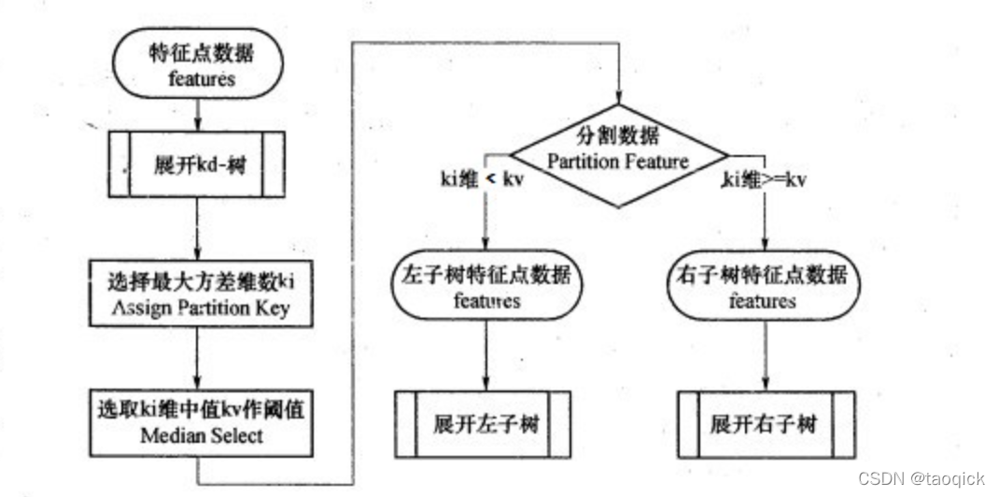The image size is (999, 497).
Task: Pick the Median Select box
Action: pyautogui.click(x=197, y=422)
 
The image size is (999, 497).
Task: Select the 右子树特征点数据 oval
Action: pyautogui.click(x=764, y=289)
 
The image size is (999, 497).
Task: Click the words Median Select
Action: pyautogui.click(x=197, y=435)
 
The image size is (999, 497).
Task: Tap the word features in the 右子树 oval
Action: pyautogui.click(x=762, y=302)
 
